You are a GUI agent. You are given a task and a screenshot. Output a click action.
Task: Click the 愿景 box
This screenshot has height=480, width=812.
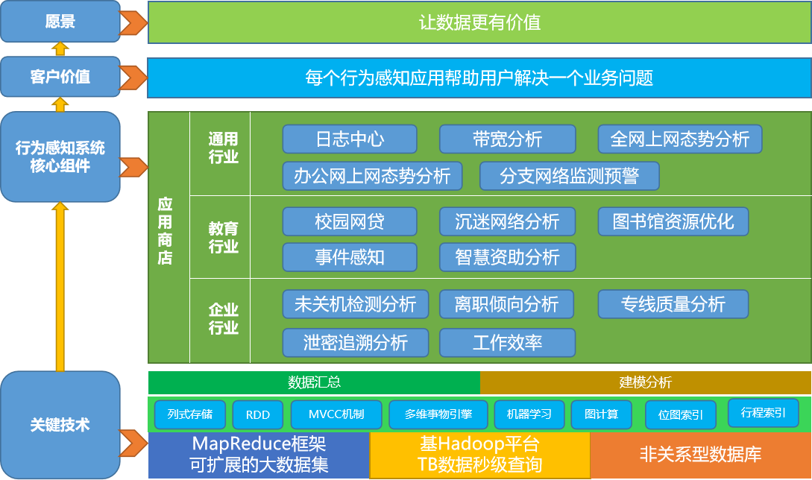point(60,22)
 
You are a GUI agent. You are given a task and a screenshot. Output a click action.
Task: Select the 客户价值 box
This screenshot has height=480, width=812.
point(60,77)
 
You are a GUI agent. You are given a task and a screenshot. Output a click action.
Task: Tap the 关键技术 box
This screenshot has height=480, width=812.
point(60,425)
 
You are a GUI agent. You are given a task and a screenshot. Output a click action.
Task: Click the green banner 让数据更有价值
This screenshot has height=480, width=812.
point(479,22)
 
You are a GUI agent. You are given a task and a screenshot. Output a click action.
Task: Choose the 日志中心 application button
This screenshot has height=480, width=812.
point(350,139)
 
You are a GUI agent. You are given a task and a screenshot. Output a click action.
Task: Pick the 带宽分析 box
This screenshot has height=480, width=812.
point(507,139)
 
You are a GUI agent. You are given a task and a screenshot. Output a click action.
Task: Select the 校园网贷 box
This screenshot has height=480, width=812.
point(350,221)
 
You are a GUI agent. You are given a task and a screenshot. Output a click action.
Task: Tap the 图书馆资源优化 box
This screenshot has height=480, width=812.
point(673,221)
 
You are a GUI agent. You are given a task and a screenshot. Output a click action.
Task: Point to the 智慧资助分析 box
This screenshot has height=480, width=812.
point(507,257)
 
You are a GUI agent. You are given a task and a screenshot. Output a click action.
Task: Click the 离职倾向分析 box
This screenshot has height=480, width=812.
point(507,304)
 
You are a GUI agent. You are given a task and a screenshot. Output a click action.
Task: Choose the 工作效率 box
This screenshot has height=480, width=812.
point(507,343)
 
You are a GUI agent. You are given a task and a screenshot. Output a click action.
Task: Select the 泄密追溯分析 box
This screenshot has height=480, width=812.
point(356,343)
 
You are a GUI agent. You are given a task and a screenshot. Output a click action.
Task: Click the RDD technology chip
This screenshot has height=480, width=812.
point(257,415)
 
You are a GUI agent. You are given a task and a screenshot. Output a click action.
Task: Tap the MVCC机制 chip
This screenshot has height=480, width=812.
point(336,414)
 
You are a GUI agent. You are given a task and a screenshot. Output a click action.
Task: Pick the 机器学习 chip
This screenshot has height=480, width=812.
point(529,414)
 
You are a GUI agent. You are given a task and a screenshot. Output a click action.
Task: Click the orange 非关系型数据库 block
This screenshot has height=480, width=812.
point(700,454)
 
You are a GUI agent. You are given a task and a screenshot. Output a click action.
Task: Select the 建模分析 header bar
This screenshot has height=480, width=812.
point(645,382)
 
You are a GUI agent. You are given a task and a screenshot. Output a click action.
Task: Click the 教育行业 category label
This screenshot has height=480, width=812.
point(224,237)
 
